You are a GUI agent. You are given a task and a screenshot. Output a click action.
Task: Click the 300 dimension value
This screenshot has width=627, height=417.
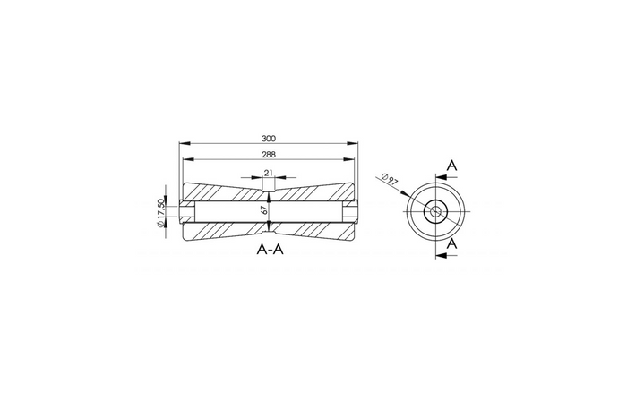[x=269, y=139]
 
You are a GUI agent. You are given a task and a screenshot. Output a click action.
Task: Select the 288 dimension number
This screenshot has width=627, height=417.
[x=269, y=155]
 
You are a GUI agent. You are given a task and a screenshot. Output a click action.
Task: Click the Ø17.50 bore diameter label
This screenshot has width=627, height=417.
[x=160, y=213]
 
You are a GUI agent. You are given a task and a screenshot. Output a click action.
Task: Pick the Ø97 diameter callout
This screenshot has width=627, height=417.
[x=390, y=179]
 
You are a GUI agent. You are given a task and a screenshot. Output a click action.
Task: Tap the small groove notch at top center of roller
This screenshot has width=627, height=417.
[x=269, y=185]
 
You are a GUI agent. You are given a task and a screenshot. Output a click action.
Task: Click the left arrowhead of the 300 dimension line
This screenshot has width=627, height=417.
[x=183, y=144]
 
